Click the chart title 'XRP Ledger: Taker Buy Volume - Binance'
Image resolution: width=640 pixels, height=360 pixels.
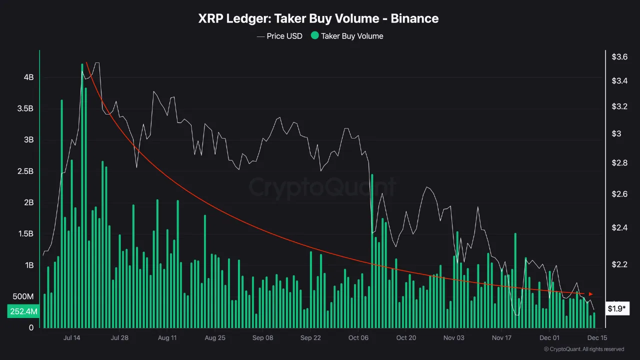pos(318,18)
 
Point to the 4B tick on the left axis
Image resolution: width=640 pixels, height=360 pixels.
pos(28,77)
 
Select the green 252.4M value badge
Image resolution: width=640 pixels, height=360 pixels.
pos(23,311)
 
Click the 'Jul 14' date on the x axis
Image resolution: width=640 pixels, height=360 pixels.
pos(71,338)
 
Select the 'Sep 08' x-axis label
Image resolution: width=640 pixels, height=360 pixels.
pos(262,338)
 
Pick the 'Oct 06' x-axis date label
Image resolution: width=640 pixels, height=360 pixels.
pos(358,338)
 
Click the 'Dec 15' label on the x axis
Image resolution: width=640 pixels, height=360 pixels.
pos(597,338)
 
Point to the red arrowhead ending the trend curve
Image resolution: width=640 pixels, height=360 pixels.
pos(591,294)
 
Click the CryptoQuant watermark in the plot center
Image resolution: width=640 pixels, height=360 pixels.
pos(322,187)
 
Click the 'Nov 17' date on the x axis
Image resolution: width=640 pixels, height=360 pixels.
pos(501,338)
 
